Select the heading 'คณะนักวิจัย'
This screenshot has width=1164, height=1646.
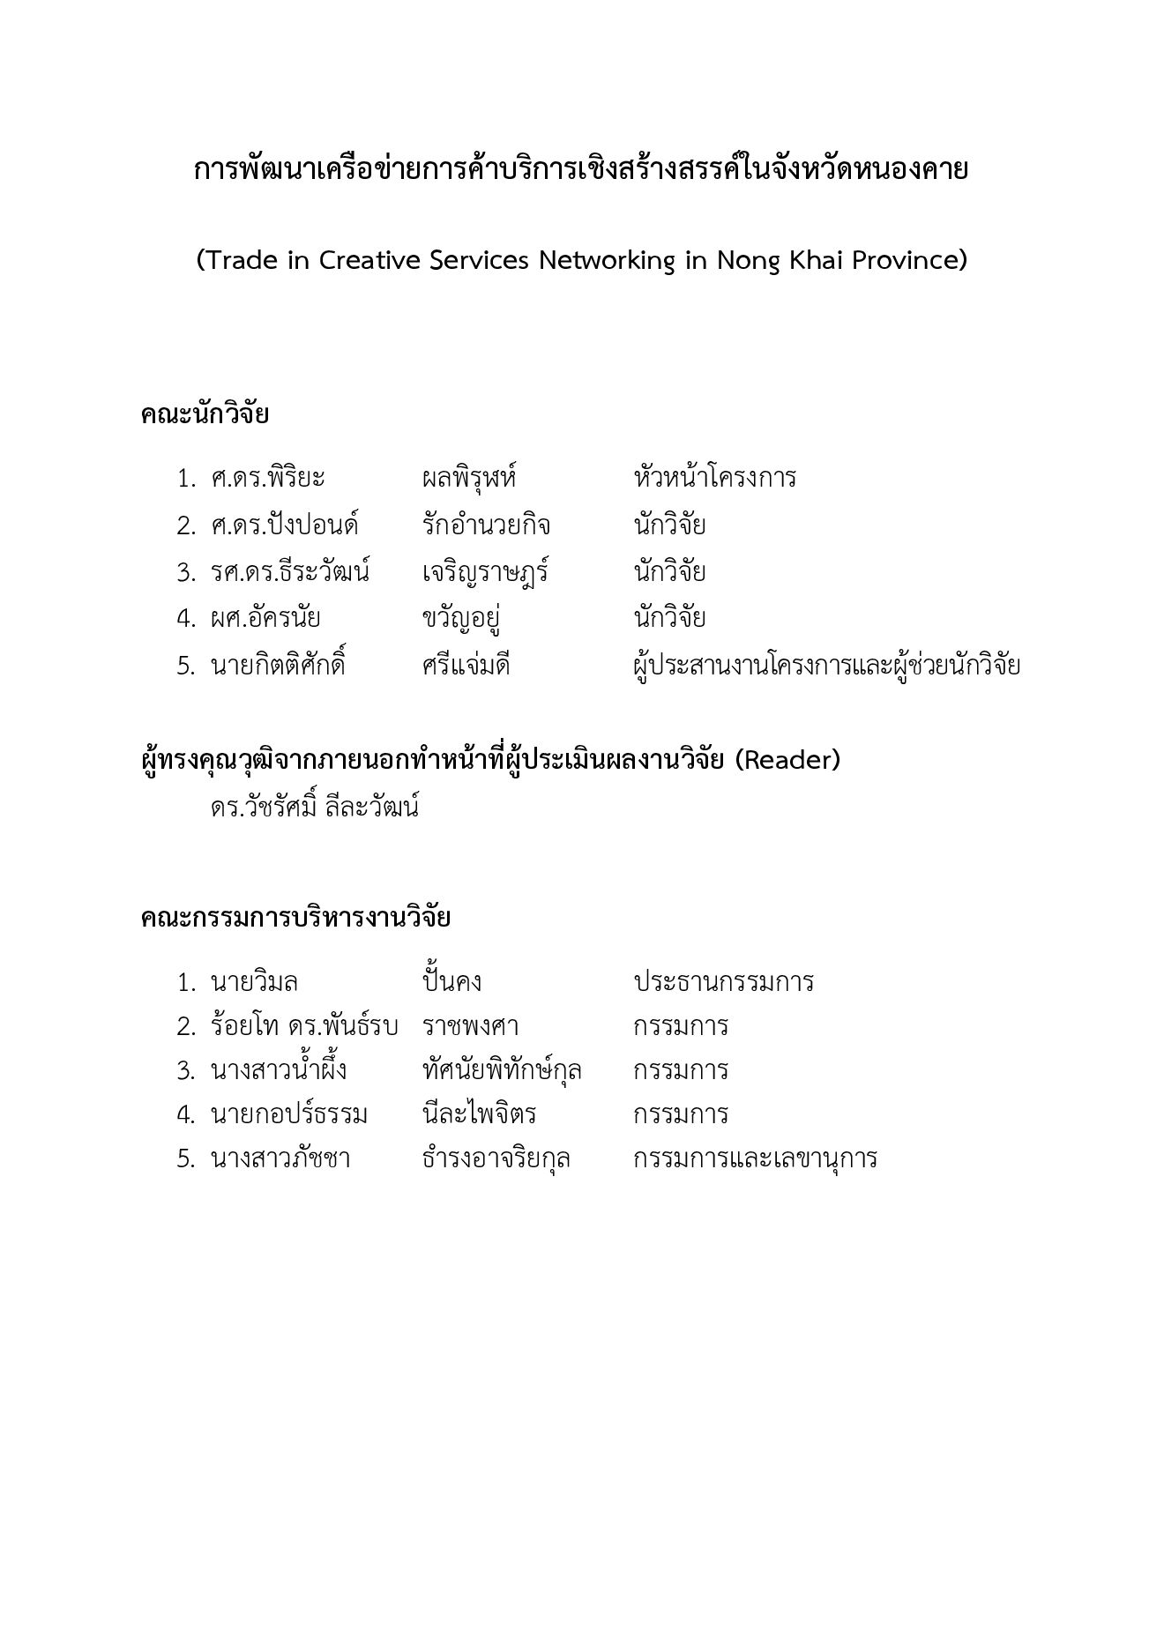point(205,414)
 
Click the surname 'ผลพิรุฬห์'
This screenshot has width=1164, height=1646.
point(468,479)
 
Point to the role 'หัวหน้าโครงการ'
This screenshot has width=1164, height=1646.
point(714,479)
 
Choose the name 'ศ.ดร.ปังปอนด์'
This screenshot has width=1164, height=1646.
point(284,525)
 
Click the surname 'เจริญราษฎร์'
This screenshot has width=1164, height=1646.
point(485,572)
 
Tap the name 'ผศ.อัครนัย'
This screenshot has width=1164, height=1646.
point(265,618)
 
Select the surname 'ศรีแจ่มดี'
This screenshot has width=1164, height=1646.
point(466,665)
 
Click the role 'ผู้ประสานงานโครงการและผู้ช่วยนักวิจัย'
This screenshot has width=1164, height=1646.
point(826,665)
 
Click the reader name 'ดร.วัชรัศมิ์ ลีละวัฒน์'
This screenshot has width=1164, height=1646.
point(314,807)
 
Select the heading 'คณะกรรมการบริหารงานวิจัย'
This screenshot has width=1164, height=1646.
point(295,918)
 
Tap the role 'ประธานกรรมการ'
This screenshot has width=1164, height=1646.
point(723,982)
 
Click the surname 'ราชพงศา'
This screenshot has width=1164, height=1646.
point(470,1026)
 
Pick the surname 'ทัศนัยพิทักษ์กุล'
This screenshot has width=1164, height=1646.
point(502,1070)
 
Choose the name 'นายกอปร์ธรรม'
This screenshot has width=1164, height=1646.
point(289,1114)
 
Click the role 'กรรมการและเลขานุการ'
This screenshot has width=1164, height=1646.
point(755,1158)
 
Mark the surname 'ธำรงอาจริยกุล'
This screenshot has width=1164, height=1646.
point(496,1158)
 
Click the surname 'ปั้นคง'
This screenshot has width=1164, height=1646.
point(451,982)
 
